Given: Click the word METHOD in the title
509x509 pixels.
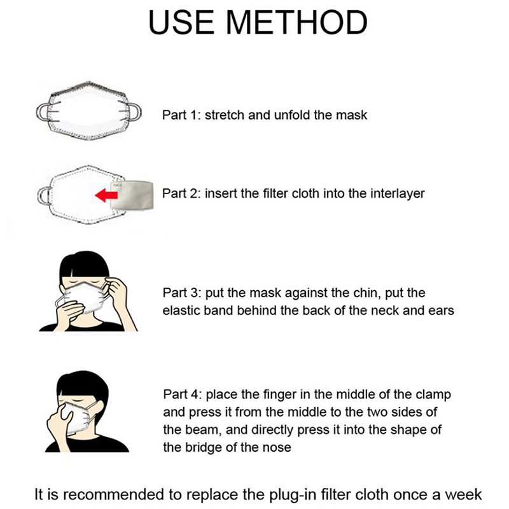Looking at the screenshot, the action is (296, 22).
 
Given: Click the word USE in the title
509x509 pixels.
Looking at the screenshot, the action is (181, 22).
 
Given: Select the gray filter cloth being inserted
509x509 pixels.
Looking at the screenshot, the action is (132, 195).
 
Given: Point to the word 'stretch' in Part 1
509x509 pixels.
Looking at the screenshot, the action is (225, 115).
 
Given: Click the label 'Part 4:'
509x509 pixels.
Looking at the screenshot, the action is (183, 394).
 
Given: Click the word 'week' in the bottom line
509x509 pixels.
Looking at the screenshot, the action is (463, 495).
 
